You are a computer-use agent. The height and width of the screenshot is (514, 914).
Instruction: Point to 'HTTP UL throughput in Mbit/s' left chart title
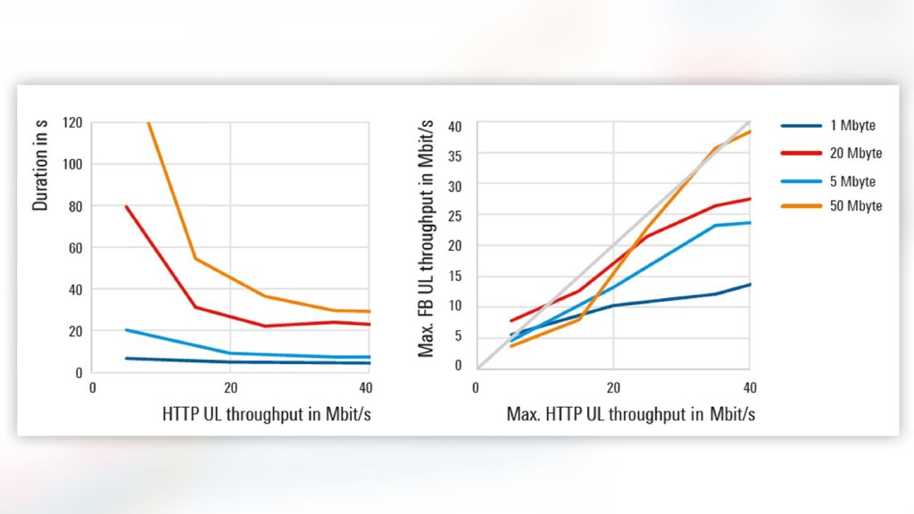(x=266, y=414)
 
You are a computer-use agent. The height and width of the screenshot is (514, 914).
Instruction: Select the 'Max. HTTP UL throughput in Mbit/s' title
(x=631, y=414)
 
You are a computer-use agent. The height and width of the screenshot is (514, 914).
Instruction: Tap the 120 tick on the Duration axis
(x=72, y=122)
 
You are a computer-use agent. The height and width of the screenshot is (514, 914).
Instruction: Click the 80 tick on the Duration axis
(x=75, y=206)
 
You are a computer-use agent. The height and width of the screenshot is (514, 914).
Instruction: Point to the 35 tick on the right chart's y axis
(x=455, y=153)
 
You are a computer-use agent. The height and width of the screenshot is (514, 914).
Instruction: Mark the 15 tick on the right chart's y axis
(x=455, y=276)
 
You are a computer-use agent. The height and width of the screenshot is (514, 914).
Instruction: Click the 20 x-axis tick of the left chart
(x=230, y=388)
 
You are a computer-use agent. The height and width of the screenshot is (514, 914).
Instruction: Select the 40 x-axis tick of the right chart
(x=750, y=388)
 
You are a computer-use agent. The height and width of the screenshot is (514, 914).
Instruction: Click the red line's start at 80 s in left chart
(x=127, y=207)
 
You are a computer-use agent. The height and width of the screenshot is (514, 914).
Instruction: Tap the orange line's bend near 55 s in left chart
(x=195, y=259)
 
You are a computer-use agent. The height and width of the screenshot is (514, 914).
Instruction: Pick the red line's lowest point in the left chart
(x=264, y=326)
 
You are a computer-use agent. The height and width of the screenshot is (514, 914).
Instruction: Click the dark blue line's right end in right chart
(x=750, y=284)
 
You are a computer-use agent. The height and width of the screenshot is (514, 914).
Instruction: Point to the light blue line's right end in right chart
(x=750, y=222)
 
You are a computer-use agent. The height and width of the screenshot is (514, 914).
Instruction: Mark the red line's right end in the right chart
(x=750, y=198)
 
